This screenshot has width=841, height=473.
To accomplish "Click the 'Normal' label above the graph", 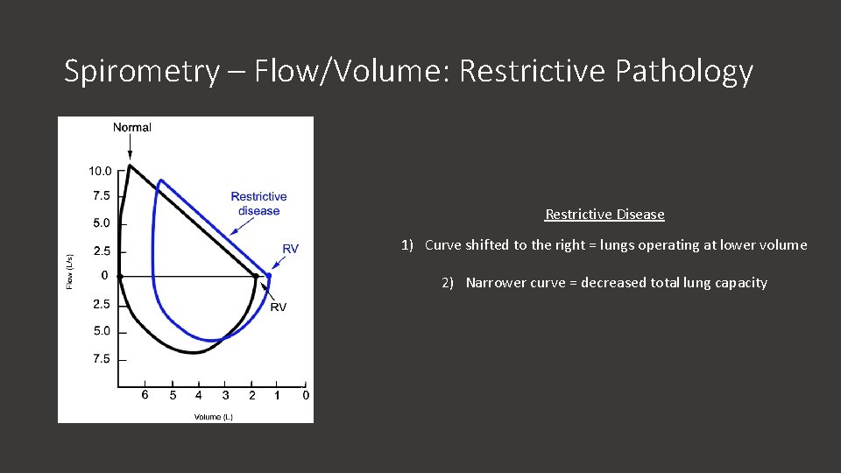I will pyautogui.click(x=132, y=127).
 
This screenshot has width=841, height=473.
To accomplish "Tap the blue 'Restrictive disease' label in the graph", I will pyautogui.click(x=258, y=203).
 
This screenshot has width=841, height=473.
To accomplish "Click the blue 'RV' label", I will pyautogui.click(x=290, y=250).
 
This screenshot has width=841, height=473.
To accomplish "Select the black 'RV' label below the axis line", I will pyautogui.click(x=278, y=307).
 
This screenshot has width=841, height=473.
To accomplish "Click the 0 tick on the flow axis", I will pyautogui.click(x=104, y=276).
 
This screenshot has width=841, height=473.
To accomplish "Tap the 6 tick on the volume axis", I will pyautogui.click(x=145, y=395).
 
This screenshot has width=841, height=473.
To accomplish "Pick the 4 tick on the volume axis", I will pyautogui.click(x=198, y=395).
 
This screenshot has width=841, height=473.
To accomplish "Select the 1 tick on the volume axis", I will pyautogui.click(x=278, y=395).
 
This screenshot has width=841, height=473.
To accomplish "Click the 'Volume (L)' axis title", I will pyautogui.click(x=214, y=417).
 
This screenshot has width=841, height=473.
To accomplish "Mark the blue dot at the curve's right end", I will pyautogui.click(x=269, y=275).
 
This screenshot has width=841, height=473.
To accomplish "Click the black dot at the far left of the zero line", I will pyautogui.click(x=120, y=276).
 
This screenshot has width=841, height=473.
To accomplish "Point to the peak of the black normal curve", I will pyautogui.click(x=130, y=166).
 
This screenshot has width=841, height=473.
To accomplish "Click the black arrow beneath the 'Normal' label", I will pyautogui.click(x=130, y=149).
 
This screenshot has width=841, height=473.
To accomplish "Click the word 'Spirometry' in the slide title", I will pyautogui.click(x=141, y=71).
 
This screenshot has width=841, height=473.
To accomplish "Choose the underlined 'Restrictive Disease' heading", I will pyautogui.click(x=604, y=215).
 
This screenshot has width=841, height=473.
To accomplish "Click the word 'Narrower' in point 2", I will pyautogui.click(x=494, y=283).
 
